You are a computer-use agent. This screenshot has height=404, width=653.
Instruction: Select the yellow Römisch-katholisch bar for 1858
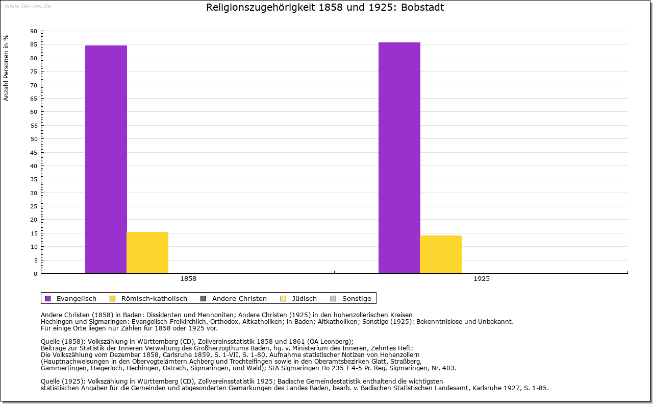147,252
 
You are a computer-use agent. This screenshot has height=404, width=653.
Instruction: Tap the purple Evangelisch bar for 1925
399,158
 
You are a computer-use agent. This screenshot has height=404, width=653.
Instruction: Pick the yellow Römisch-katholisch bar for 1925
441,254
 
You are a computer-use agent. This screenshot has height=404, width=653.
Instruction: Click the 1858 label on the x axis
188,279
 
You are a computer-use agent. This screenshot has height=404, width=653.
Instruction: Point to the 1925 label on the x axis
482,279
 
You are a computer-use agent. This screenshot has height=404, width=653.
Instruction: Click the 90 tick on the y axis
34,31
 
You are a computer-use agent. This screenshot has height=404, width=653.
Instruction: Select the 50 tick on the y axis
34,139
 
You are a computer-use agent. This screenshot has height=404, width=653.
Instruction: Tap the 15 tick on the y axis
34,233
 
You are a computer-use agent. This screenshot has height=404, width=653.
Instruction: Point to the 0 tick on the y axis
35,274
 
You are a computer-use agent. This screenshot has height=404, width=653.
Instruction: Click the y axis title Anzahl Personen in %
6,67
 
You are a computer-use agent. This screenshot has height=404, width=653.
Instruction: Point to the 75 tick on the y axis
34,72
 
